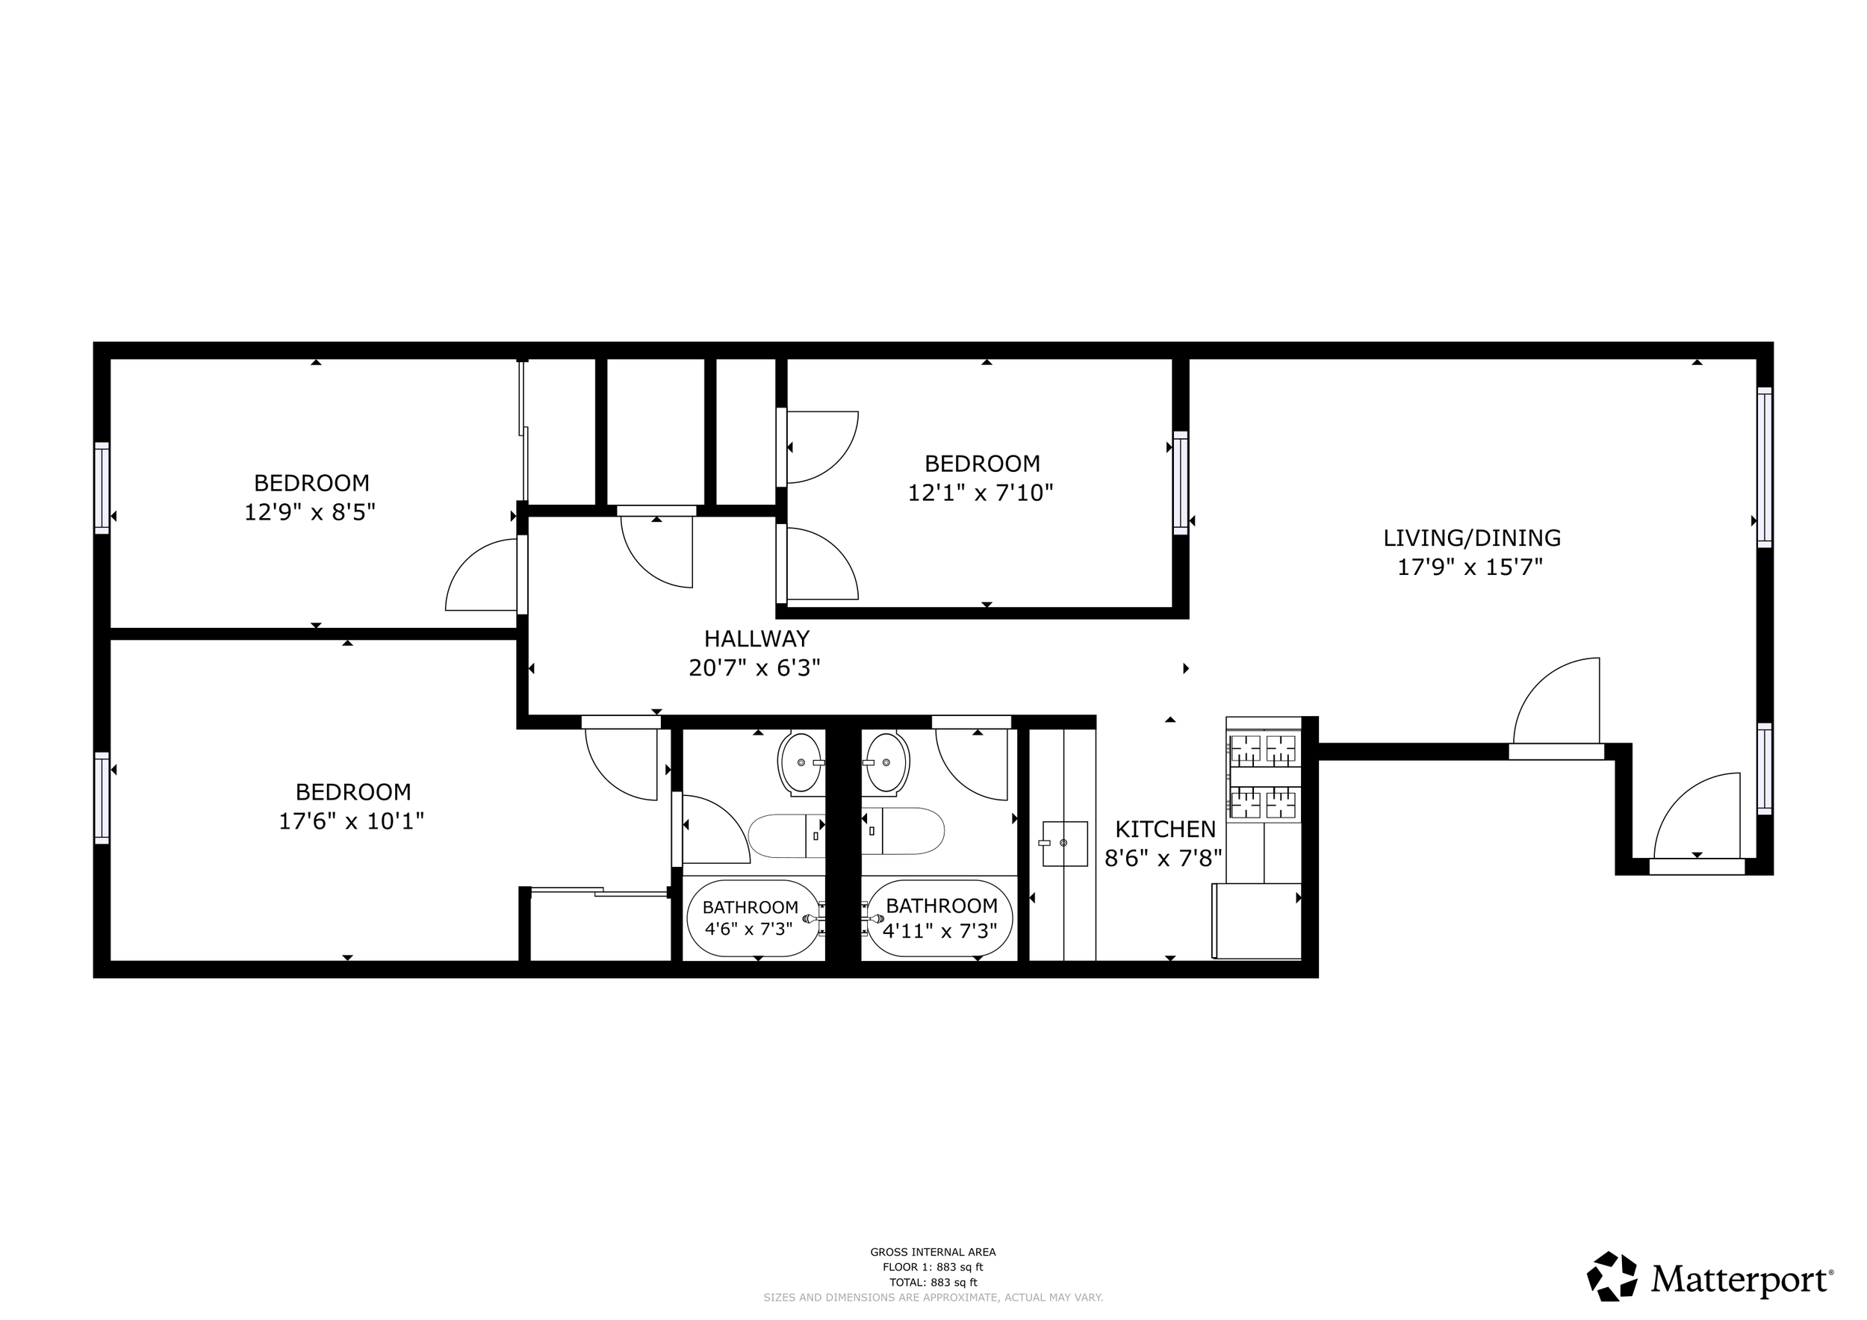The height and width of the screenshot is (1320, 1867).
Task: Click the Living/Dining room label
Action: (x=1472, y=538)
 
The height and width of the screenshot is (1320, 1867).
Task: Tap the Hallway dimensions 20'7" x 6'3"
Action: (x=754, y=668)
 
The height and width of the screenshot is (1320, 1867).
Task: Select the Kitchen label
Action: (x=1165, y=829)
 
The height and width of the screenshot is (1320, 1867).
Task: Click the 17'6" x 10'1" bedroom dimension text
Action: (x=351, y=821)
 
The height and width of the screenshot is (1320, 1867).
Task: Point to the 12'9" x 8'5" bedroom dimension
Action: (x=310, y=512)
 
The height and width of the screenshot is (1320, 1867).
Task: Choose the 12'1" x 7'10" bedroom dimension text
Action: (x=981, y=493)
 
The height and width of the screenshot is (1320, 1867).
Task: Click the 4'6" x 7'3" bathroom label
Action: (x=749, y=928)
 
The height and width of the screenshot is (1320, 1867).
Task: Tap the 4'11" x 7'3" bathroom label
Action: (x=940, y=930)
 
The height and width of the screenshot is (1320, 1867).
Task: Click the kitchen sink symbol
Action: (x=1064, y=843)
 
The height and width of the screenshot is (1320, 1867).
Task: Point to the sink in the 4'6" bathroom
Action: (x=801, y=762)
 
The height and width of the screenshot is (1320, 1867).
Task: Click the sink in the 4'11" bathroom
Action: (x=886, y=762)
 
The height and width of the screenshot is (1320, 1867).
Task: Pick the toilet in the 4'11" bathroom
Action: (x=903, y=831)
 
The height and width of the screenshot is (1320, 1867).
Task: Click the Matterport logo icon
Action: (x=1612, y=1276)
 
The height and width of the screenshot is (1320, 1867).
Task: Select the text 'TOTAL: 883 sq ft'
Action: (x=933, y=1283)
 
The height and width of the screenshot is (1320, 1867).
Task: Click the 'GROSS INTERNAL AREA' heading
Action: (x=933, y=1253)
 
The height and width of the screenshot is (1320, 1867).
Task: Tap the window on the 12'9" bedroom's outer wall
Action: (x=102, y=488)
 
